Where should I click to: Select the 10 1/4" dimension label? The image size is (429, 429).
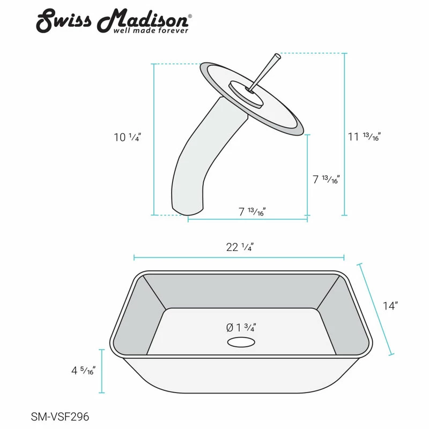point(127,137)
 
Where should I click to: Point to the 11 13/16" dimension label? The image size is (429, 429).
point(364,137)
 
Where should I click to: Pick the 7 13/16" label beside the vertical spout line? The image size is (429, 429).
point(327,180)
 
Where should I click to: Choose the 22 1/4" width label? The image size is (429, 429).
point(239,247)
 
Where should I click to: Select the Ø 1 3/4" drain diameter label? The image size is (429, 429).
point(240,327)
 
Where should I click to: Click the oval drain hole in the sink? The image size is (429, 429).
point(240,342)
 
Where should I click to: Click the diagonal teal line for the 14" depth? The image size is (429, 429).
point(376,309)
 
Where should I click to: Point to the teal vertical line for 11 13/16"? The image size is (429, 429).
point(344,134)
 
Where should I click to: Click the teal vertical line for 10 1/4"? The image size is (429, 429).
point(154,139)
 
